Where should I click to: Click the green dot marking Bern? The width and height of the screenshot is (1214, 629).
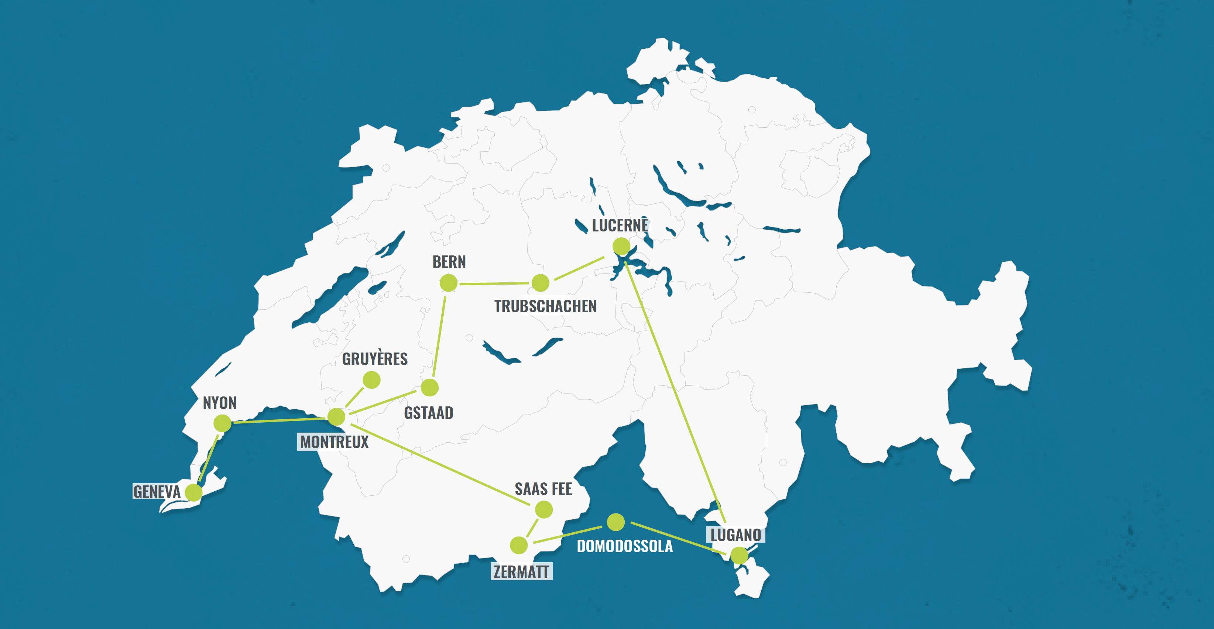tap(448, 283)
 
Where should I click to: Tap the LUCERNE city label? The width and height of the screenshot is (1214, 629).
tap(620, 225)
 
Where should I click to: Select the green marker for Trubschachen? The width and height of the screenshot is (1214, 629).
tap(540, 283)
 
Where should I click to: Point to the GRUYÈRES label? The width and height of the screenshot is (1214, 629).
tap(375, 359)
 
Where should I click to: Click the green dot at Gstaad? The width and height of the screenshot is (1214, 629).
tap(429, 388)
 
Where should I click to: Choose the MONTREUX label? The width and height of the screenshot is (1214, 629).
tap(334, 442)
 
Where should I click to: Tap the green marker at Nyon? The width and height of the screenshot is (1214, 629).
tap(222, 423)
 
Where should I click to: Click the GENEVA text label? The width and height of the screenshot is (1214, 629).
tap(157, 492)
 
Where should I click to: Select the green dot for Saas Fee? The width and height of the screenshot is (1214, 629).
tap(543, 509)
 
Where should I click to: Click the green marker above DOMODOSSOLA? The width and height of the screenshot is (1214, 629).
tap(615, 522)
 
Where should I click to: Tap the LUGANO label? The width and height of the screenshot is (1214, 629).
tap(735, 535)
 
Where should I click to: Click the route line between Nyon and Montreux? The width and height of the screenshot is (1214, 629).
tap(278, 420)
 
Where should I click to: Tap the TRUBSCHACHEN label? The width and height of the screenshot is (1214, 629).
tap(545, 307)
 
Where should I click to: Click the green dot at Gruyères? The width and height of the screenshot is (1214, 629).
tap(371, 380)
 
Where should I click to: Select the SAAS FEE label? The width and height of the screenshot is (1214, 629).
tap(543, 489)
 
